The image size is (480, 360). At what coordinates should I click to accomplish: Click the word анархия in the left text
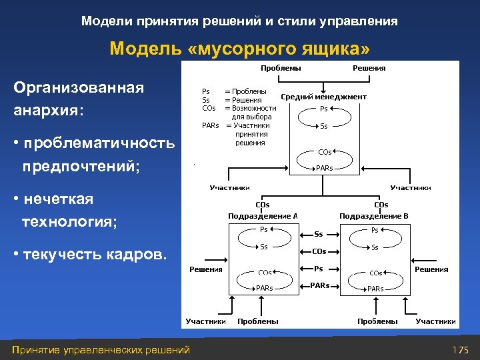click(x=46, y=110)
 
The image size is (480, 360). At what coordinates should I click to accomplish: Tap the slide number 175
click(x=461, y=350)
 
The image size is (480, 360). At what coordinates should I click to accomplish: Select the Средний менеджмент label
click(x=323, y=97)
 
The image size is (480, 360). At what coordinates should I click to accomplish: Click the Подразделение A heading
click(x=262, y=216)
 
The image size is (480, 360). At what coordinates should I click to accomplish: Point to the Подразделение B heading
click(x=373, y=216)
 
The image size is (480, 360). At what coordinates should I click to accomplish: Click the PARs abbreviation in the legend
click(x=211, y=125)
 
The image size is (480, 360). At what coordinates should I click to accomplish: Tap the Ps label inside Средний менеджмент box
click(x=323, y=109)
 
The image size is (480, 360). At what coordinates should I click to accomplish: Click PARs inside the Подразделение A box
click(x=265, y=288)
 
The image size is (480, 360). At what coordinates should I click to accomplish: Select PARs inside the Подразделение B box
click(x=375, y=289)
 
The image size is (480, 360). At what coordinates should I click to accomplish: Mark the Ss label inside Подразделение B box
click(x=375, y=247)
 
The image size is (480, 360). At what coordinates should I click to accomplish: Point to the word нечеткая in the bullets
click(x=57, y=199)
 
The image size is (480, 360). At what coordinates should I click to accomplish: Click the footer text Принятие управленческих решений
click(x=97, y=350)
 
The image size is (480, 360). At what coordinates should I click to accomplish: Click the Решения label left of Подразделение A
click(x=205, y=269)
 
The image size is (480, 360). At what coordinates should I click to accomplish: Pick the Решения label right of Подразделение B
click(x=431, y=269)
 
